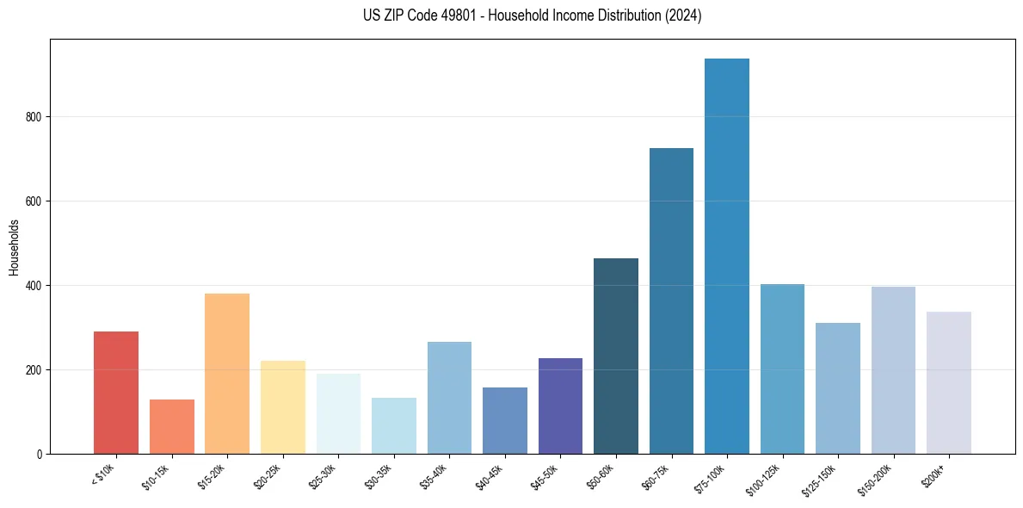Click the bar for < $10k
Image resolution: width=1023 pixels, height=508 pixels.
click(x=116, y=393)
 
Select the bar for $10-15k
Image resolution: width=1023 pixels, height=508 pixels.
click(x=171, y=426)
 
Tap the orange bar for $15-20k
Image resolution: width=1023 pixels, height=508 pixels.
click(x=227, y=374)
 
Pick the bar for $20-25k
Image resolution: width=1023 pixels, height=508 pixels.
click(x=282, y=407)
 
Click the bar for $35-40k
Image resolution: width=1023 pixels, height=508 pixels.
click(x=449, y=398)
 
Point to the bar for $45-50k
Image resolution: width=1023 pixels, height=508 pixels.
click(x=560, y=406)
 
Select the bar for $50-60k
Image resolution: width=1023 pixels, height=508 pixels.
click(x=616, y=356)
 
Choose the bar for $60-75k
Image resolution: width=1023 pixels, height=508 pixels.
click(x=671, y=300)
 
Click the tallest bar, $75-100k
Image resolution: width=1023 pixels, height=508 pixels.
click(x=727, y=256)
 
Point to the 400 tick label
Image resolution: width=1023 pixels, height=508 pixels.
click(x=34, y=286)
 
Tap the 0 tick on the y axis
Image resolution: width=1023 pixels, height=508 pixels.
click(x=40, y=454)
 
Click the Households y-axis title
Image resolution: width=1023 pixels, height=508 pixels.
click(x=14, y=246)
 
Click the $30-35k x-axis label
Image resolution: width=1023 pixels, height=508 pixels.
click(x=379, y=476)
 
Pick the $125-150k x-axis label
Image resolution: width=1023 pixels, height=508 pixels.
click(x=823, y=478)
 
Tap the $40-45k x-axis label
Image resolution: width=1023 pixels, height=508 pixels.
click(x=490, y=476)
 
